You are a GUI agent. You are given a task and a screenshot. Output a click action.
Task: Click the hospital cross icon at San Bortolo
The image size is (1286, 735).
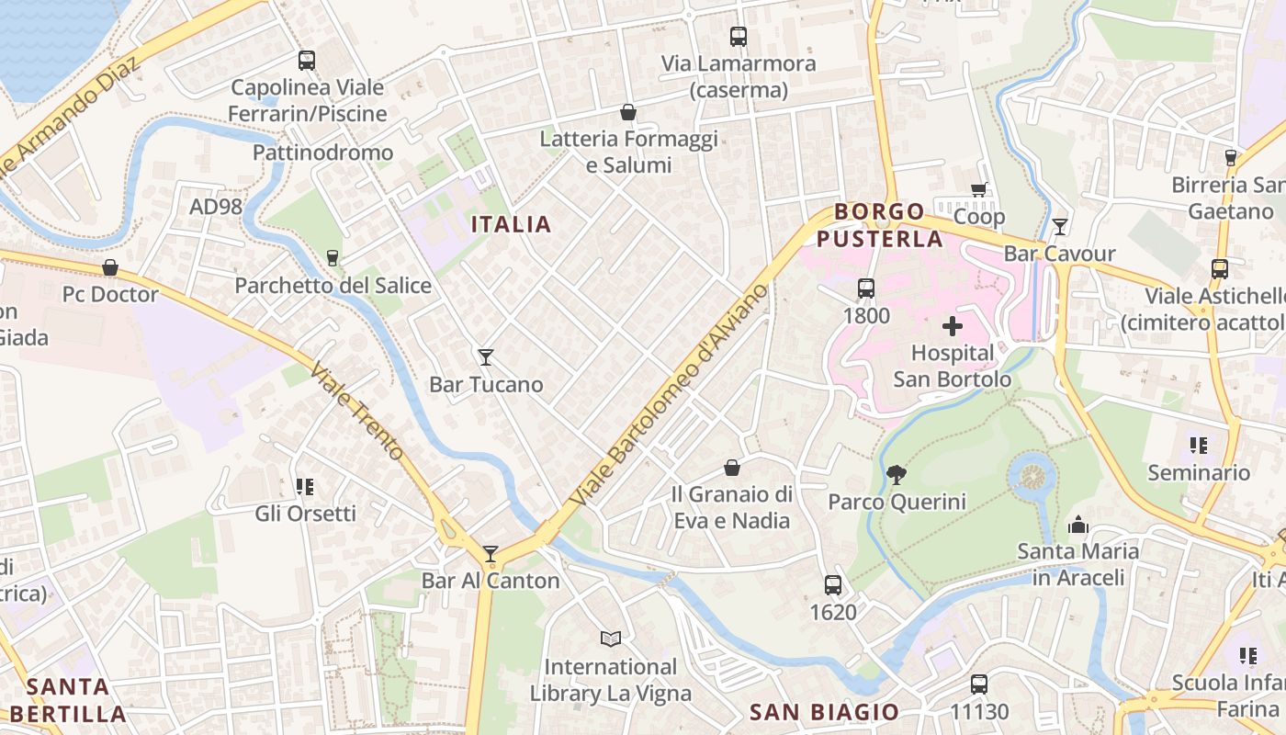tap(953, 325)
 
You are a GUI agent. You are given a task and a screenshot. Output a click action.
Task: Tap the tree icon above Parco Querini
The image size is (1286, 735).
tap(896, 475)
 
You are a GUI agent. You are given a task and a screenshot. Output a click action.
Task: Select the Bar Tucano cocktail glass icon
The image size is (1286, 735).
tap(486, 356)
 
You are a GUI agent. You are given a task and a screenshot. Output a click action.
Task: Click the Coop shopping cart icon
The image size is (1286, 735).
tap(979, 190)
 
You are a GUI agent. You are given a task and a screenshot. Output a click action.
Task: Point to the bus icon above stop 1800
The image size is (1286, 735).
tap(865, 288)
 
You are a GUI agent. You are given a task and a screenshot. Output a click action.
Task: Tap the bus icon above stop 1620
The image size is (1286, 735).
tap(832, 584)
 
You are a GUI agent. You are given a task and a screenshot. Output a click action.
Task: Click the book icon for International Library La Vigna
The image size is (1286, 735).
tap(610, 639)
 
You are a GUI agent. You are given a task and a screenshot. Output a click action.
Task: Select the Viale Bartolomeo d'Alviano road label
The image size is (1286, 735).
tap(668, 396)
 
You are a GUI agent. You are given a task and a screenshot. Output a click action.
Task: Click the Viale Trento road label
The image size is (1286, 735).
tap(357, 411)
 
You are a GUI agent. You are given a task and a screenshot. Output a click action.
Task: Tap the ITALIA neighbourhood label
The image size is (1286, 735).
tap(511, 224)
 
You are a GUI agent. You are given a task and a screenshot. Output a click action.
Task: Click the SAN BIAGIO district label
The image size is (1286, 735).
tap(824, 711)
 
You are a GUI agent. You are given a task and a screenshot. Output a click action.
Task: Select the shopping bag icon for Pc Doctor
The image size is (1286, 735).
tap(110, 267)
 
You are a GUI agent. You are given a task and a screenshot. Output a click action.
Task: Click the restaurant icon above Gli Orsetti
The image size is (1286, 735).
tap(305, 486)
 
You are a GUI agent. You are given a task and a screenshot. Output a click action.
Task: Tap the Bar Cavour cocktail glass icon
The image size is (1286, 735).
tap(1060, 226)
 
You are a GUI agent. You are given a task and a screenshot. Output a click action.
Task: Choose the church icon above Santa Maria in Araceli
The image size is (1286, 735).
tap(1077, 525)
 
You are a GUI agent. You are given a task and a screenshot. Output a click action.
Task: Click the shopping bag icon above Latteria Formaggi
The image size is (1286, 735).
tap(628, 112)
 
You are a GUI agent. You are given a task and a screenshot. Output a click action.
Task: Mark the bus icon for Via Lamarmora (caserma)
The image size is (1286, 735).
tap(739, 37)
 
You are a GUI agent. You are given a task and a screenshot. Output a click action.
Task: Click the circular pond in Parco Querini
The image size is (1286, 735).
tap(1032, 476)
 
